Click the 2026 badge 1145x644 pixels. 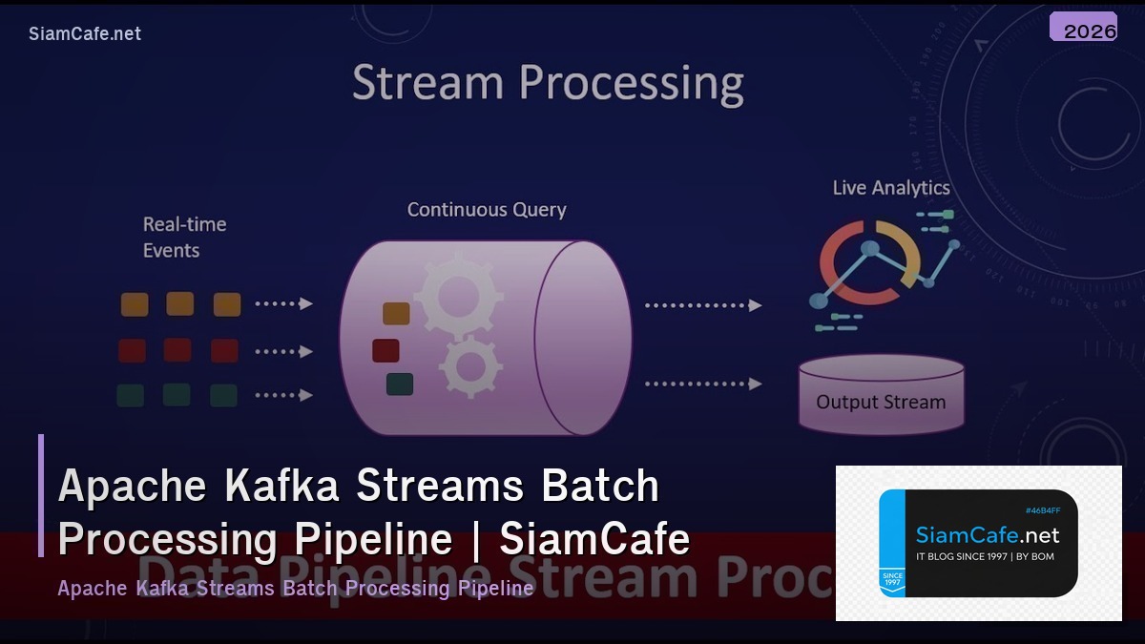pos(1083,28)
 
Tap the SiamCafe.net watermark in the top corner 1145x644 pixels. pos(85,33)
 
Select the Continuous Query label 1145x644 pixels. pos(487,210)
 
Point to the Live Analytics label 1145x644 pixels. pos(891,188)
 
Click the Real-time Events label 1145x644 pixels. pos(184,238)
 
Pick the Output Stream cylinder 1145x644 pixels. pos(881,394)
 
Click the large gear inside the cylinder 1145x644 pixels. pos(458,294)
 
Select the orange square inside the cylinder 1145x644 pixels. pos(396,314)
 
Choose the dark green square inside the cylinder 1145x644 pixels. pos(400,384)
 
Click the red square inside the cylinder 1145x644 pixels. pos(385,350)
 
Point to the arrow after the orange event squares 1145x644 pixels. pos(284,304)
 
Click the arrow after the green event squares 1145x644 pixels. pos(284,395)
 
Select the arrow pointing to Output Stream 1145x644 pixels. pos(703,384)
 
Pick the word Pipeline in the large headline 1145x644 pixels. pos(373,539)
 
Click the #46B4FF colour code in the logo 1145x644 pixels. pos(1043,510)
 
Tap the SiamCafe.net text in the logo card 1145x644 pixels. pos(987,535)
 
